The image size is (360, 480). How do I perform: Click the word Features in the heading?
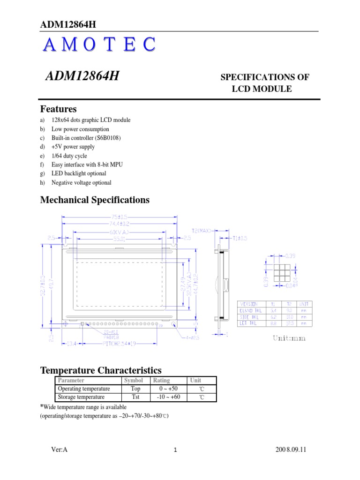pos(59,109)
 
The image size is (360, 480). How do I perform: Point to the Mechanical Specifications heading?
pos(95,200)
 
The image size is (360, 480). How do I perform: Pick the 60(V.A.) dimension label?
pos(120,232)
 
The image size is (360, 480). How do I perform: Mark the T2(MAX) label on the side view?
pos(202,231)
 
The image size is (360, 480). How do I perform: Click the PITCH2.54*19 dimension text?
pos(120,344)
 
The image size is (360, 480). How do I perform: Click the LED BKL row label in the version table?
pos(250,323)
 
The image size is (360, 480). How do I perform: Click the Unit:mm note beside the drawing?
pos(289,338)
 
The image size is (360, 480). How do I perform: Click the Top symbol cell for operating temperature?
pos(135,389)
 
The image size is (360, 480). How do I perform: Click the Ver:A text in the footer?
pos(60,450)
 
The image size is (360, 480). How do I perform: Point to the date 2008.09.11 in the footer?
pos(291,450)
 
